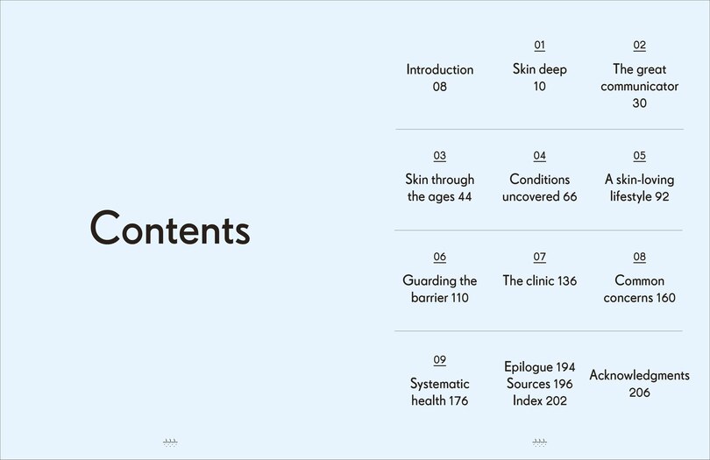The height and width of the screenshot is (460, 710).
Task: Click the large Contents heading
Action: coord(170,229)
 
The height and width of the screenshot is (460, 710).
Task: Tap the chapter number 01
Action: coord(539,46)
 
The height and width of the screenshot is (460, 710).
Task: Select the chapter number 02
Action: coord(639,46)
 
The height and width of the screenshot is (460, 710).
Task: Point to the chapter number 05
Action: coord(639,156)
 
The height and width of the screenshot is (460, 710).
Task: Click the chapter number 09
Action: coord(439,360)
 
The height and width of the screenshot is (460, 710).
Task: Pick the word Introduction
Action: coord(439,69)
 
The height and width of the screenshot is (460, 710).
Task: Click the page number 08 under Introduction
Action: coord(439,87)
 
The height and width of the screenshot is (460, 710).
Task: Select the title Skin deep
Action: coord(539,69)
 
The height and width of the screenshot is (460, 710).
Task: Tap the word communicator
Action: coord(639,86)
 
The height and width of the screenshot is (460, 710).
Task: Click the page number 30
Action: coord(639,103)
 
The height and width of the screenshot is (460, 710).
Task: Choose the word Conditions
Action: coord(539,180)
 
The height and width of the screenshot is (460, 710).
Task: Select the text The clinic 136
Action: coord(539,280)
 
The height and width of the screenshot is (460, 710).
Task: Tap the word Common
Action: coord(639,280)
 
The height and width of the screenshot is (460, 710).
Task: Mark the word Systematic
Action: coord(439,384)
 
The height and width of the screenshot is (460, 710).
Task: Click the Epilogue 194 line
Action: coord(539,367)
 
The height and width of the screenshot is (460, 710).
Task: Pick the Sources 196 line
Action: coord(539,384)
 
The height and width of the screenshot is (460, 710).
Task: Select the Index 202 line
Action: coord(539,400)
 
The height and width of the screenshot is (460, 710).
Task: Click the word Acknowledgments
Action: coord(639,375)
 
